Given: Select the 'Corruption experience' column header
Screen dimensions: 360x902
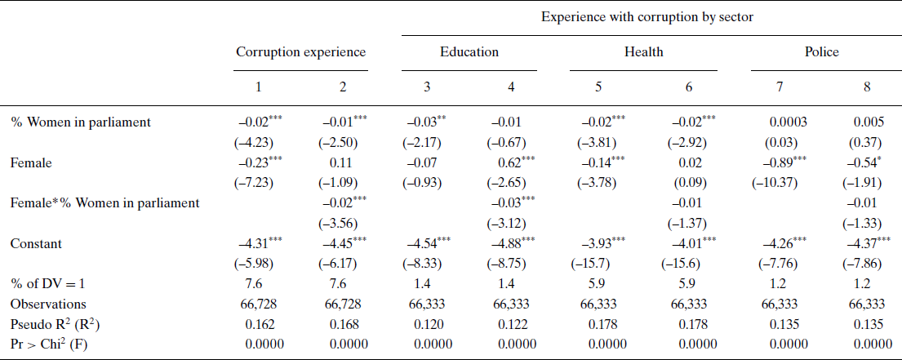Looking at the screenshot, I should [x=300, y=52].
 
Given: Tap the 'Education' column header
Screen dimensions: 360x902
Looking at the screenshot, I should [x=469, y=52].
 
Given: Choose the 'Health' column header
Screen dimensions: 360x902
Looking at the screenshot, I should [x=644, y=52].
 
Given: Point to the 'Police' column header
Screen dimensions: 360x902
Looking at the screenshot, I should [x=821, y=52].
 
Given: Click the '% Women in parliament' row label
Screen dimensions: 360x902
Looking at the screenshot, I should [x=81, y=122].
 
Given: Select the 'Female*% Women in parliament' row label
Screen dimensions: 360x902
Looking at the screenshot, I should [x=105, y=202].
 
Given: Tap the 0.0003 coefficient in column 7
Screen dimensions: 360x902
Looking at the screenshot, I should [x=788, y=122].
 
